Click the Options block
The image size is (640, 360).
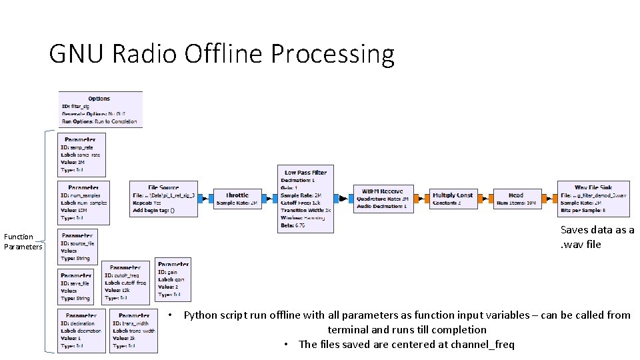point(100,109)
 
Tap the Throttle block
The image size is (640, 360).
point(237,199)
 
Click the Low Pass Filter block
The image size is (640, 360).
point(306,199)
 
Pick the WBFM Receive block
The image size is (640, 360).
point(383,199)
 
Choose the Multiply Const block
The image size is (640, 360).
point(453,199)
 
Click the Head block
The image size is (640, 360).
point(516,199)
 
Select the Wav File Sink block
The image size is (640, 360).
point(593,199)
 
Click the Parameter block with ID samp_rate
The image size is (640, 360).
point(81,155)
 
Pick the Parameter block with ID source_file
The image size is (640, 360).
point(78,247)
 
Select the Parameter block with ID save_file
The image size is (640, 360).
point(76,286)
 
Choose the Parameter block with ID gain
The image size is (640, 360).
point(173,279)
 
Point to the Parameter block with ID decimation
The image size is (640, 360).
point(81,331)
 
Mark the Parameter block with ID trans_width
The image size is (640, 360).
point(134,331)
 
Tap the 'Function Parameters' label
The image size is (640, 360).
point(22,242)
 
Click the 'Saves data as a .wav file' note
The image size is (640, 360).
point(597,237)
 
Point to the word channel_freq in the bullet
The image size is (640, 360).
point(481,344)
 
